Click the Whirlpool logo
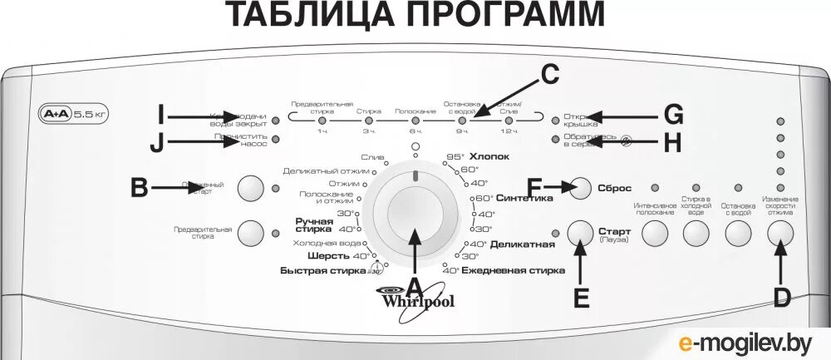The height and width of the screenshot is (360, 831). click(x=416, y=300)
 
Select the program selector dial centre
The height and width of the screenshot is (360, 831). click(x=414, y=213)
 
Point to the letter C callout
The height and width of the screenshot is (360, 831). click(x=548, y=76)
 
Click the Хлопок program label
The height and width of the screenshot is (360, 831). click(x=489, y=156)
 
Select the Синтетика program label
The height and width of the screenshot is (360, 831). click(x=524, y=199)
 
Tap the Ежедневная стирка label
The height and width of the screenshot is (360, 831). click(x=513, y=270)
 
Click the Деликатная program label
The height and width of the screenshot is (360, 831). click(x=522, y=244)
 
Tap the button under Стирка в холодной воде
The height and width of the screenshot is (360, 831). click(x=696, y=234)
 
